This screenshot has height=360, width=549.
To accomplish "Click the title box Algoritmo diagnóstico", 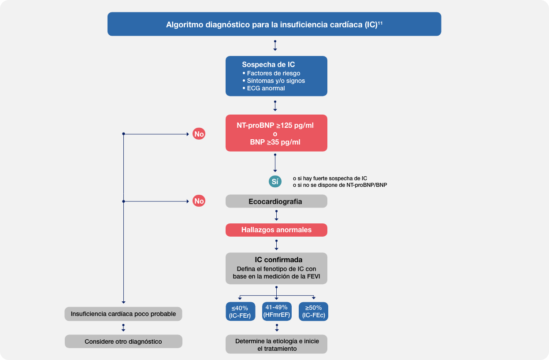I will coord(274,25).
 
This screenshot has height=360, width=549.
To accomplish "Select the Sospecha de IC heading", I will coord(268,65).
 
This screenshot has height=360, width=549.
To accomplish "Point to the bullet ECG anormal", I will coord(266,88).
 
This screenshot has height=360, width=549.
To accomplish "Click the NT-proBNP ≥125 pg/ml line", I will coord(275,125).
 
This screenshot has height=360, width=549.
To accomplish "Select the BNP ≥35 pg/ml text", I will coord(275,142).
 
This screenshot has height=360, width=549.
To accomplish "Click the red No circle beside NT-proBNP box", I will coord(199,134).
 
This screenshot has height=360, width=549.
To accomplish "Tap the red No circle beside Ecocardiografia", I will coord(199,201).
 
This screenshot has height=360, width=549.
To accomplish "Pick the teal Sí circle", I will coord(275,182).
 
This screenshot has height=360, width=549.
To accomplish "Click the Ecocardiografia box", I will coord(276,201).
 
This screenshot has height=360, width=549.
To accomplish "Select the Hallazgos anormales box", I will coord(276,230).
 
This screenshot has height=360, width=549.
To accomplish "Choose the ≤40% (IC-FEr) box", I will coord(240,312).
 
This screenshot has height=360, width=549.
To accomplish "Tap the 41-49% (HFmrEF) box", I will coord(277,311).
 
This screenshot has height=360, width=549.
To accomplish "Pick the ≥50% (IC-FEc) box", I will coord(313,312).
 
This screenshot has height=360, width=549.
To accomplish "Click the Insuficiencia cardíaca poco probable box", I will coord(123,314).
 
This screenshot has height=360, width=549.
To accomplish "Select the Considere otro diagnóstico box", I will coord(123,341).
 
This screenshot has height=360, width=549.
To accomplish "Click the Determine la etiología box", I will coord(277,345).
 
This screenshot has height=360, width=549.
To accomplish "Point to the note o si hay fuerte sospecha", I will coord(330,178).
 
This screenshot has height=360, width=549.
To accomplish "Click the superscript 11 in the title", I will coord(380,22).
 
